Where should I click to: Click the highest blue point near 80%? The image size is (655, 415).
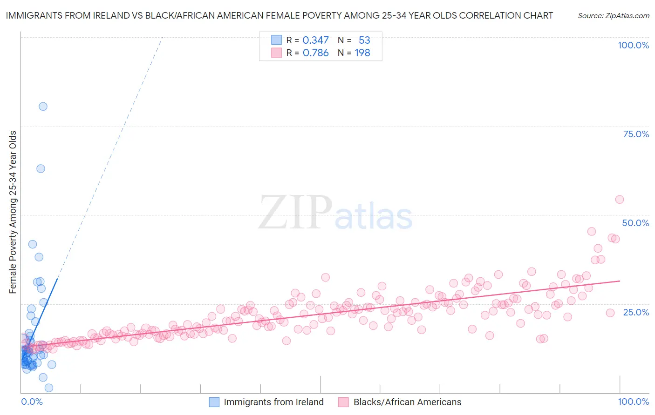(43, 106)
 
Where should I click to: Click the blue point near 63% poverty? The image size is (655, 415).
(41, 168)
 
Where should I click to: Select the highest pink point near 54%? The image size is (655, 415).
(619, 199)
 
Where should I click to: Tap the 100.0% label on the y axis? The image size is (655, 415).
(633, 45)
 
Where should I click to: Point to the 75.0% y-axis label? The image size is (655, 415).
(636, 134)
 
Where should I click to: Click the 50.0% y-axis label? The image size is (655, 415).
(635, 223)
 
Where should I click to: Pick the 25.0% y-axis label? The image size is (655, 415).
(636, 312)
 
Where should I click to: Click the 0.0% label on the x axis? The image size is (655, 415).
(32, 402)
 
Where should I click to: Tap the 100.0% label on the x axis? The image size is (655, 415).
(633, 402)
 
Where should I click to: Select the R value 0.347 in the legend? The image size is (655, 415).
(315, 40)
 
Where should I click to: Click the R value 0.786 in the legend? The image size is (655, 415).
(315, 53)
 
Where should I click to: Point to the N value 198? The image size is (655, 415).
(362, 53)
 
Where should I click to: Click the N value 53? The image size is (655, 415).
(364, 40)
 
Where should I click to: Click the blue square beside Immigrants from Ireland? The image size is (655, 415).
(214, 402)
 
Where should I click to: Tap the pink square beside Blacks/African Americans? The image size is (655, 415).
(343, 402)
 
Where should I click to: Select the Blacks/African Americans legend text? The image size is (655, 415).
(407, 402)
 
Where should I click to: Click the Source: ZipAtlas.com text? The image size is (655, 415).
(613, 15)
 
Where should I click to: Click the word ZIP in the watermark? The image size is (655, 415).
(295, 213)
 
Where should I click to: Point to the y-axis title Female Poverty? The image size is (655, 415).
(13, 212)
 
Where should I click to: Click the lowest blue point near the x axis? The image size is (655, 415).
(48, 388)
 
